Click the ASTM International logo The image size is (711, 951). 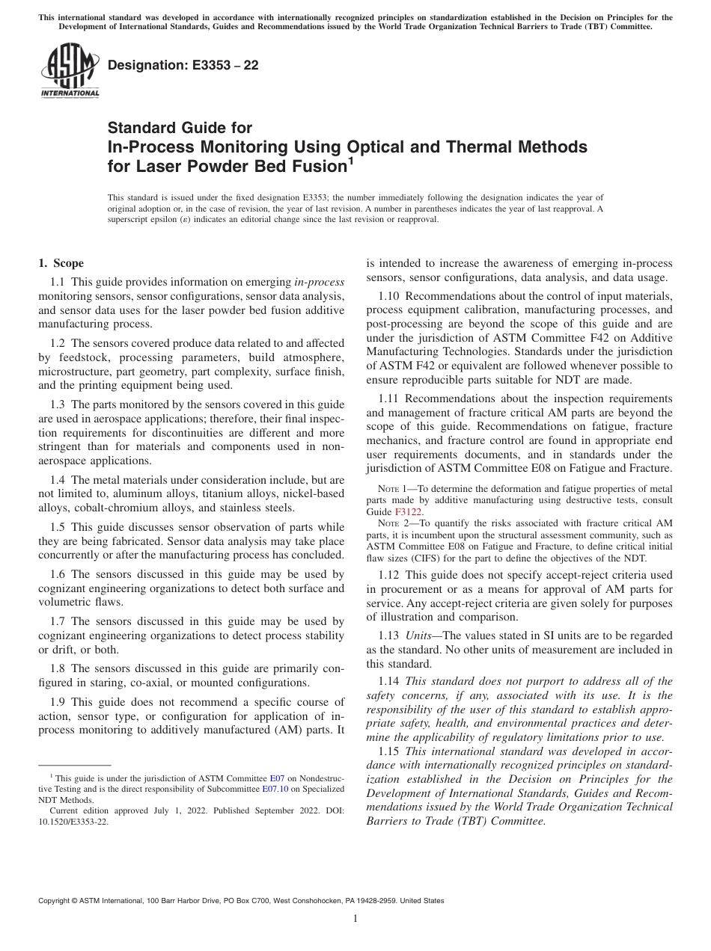pos(69,70)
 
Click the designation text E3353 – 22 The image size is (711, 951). pos(183,65)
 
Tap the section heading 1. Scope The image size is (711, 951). pos(61,263)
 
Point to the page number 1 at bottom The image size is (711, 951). pos(355,919)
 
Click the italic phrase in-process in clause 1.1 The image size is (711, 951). pos(319,282)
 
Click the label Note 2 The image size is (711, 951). pos(391,523)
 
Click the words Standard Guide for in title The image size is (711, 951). pos(180,128)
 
